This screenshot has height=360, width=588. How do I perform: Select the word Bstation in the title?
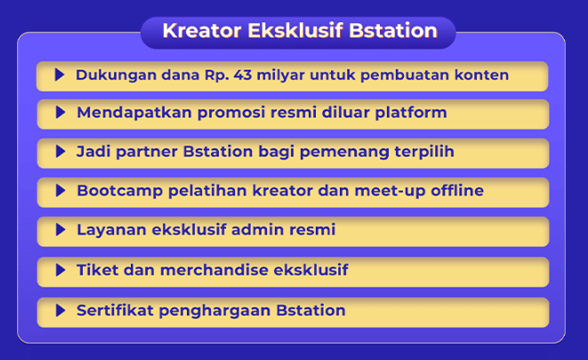coord(393,32)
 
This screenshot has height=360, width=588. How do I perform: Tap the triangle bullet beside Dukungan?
coord(60,75)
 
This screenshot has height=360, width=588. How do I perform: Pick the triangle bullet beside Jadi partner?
coord(60,152)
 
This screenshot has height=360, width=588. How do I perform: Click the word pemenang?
coord(342,152)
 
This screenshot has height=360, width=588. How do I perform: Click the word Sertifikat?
coord(117,310)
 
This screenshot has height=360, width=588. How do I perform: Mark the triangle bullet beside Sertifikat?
coord(60,310)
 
